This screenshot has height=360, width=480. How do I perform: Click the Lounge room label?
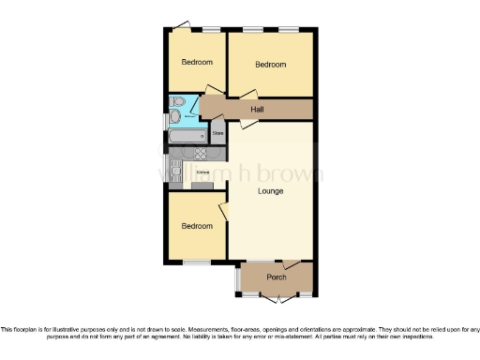(271, 191)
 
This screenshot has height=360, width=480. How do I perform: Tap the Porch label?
(277, 277)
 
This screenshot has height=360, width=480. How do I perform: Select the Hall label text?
(257, 109)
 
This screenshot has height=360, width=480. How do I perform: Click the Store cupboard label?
(217, 134)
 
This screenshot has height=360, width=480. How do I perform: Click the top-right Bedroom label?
(271, 65)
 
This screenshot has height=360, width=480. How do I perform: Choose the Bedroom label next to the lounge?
(197, 226)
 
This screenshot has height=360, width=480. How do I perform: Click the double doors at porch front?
(276, 298)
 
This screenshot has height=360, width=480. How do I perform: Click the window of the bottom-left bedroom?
(196, 262)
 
